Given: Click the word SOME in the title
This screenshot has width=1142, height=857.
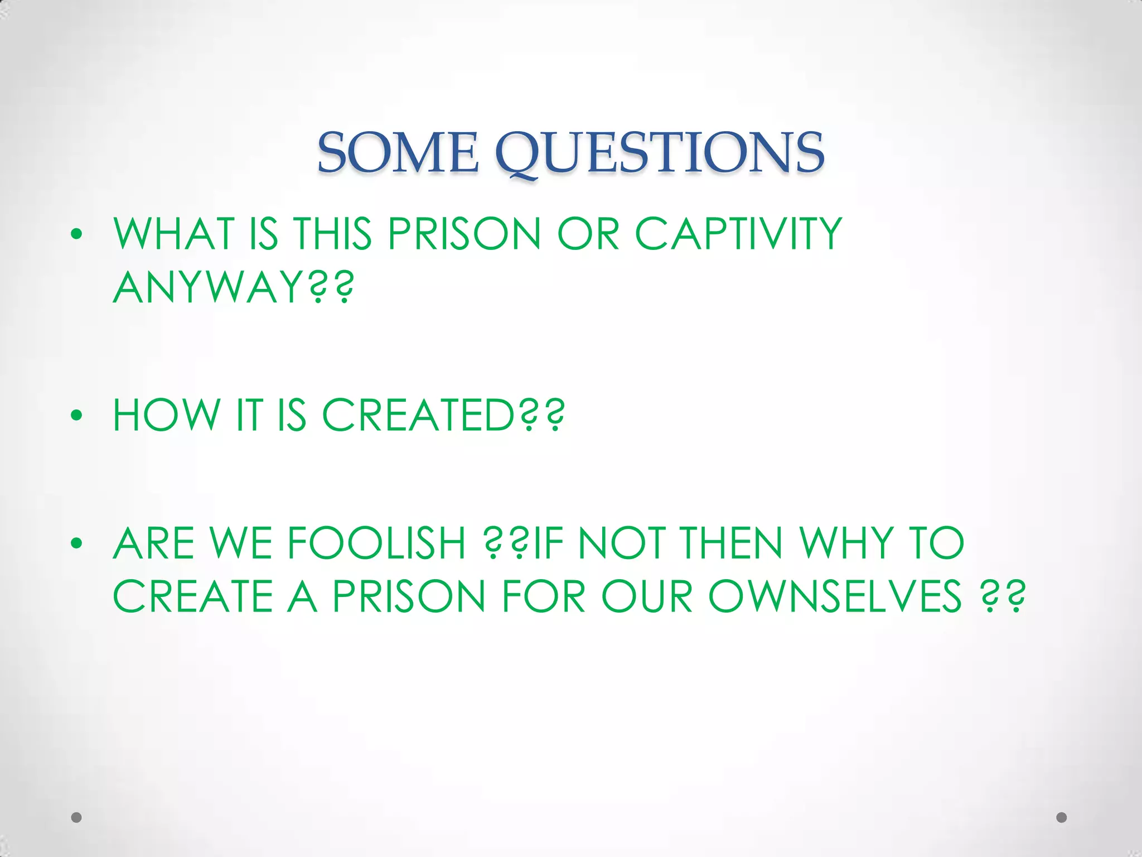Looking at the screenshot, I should click(398, 152).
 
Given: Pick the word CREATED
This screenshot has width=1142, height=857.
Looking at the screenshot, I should click(418, 415).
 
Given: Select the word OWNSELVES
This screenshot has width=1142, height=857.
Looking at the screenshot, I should click(835, 596).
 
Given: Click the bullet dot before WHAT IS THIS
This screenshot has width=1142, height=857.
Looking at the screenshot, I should click(77, 234).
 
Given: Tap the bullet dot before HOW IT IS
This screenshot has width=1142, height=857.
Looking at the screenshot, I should click(77, 416).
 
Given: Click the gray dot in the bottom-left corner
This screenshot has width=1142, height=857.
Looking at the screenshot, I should click(76, 817).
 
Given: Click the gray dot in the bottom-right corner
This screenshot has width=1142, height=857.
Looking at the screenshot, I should click(1062, 817).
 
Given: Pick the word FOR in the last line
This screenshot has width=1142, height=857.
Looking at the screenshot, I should click(544, 596).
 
